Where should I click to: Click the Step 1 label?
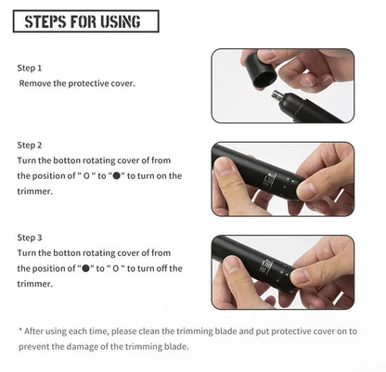[31, 69]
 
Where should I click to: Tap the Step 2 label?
[31, 146]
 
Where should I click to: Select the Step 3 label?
[31, 238]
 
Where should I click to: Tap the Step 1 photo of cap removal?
[282, 86]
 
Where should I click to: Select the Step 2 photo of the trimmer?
[282, 179]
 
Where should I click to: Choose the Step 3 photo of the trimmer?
[282, 272]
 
